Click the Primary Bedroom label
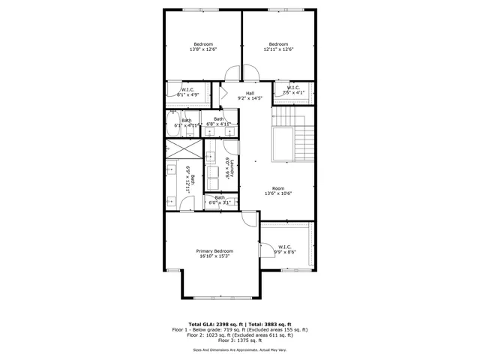[214, 250]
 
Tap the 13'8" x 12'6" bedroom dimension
[203, 49]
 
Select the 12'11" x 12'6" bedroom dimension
[278, 49]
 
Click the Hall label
[250, 93]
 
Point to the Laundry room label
[232, 169]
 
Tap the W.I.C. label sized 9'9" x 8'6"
[285, 247]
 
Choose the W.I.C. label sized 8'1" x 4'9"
[187, 90]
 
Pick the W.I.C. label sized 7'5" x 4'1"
[292, 88]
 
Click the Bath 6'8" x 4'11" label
[219, 119]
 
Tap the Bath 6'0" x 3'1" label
[220, 198]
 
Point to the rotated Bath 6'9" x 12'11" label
[193, 179]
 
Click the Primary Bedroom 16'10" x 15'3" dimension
[214, 256]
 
